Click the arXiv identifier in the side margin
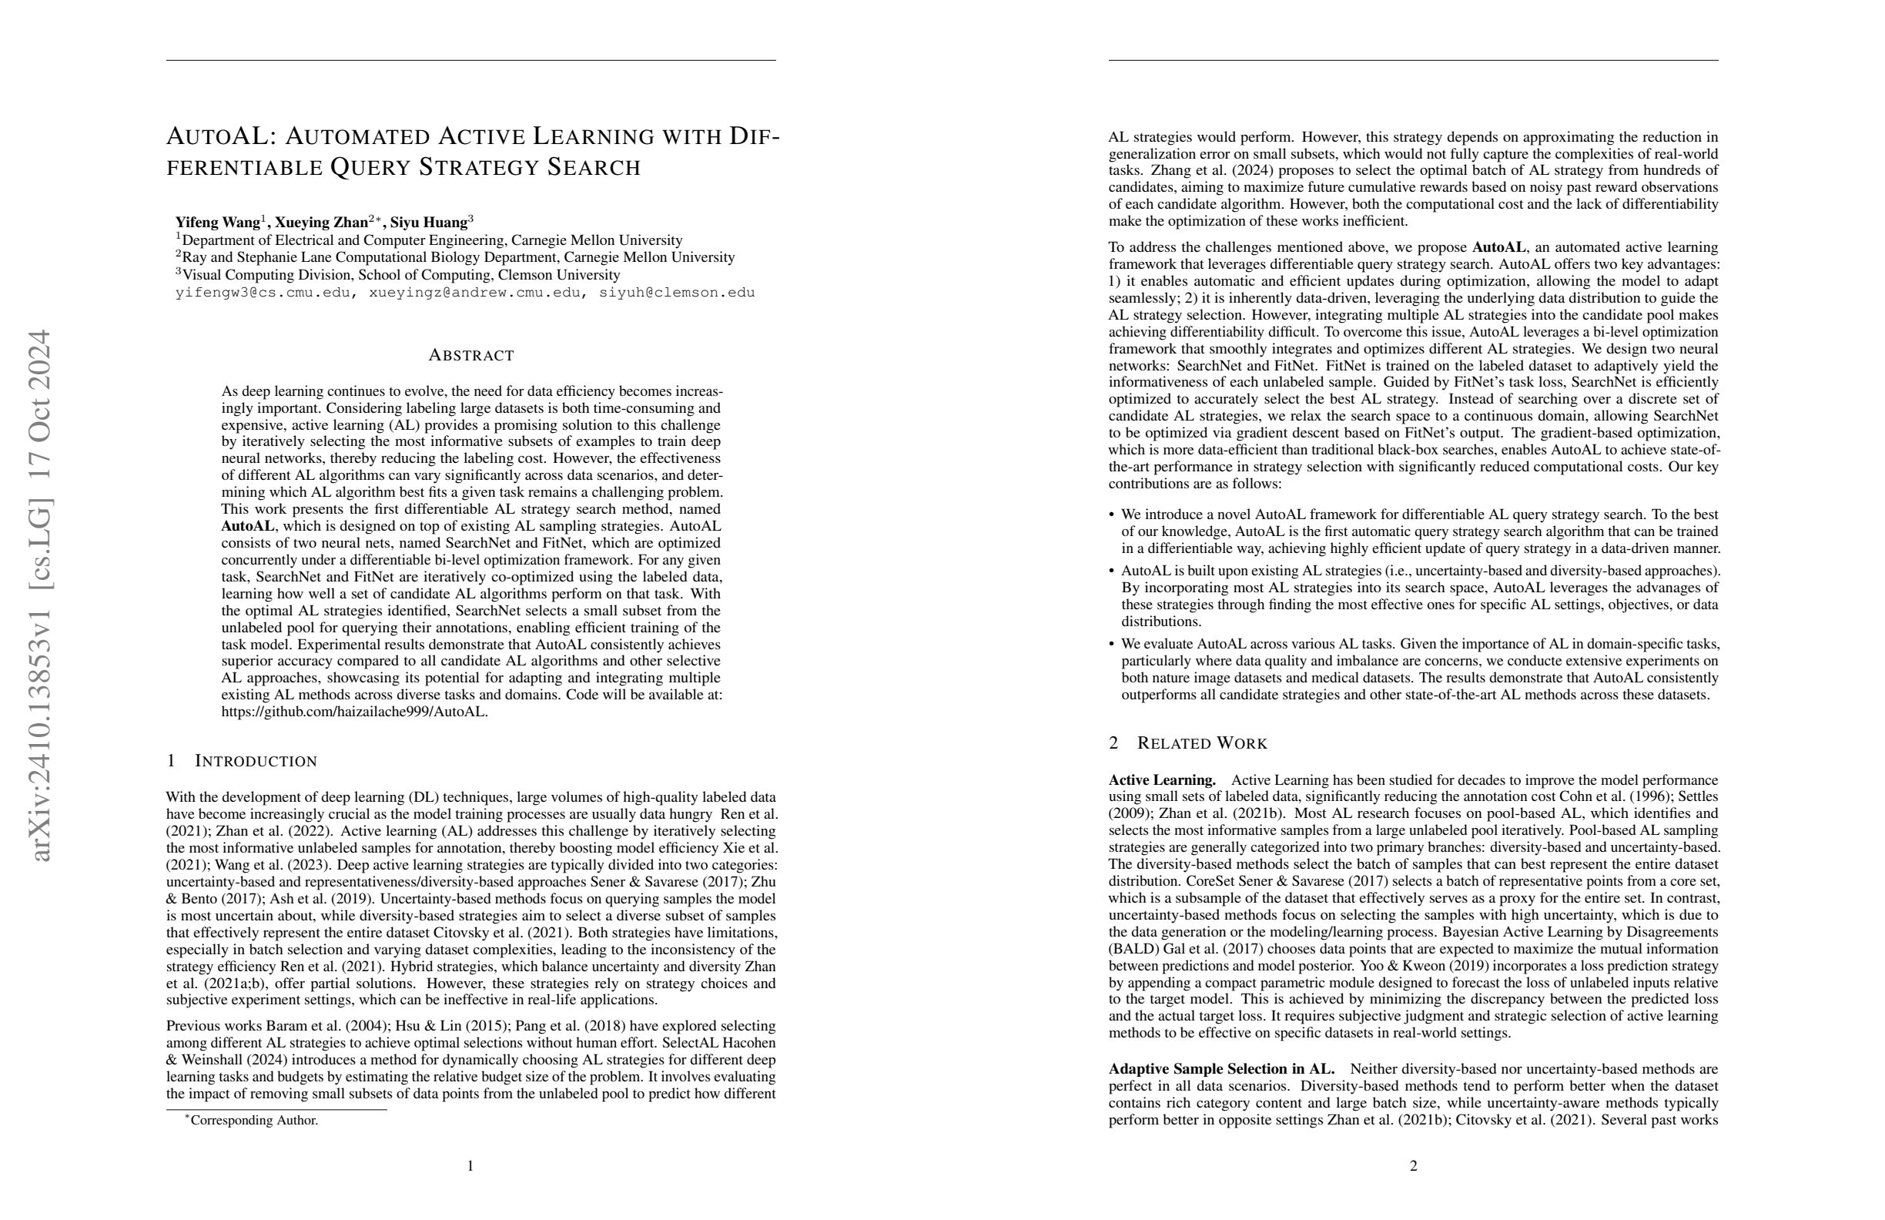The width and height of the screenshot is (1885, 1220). (x=39, y=595)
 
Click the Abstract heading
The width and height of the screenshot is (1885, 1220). (x=471, y=356)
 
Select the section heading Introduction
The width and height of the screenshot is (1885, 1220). (x=255, y=761)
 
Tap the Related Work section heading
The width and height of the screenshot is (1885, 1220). (x=1201, y=743)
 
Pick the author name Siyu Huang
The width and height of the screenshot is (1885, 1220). (x=428, y=223)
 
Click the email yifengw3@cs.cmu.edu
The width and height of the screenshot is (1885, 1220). (x=261, y=293)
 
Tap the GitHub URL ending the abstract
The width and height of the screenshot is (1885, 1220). (x=354, y=712)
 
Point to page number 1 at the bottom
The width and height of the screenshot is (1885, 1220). (x=470, y=1165)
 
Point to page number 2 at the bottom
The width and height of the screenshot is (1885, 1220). (x=1413, y=1165)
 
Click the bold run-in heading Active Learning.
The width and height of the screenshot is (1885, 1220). (x=1162, y=780)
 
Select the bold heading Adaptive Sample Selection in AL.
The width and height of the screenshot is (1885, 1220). (x=1221, y=1070)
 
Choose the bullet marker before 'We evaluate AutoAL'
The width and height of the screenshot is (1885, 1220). (x=1112, y=644)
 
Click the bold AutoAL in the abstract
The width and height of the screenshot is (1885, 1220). (x=248, y=526)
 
